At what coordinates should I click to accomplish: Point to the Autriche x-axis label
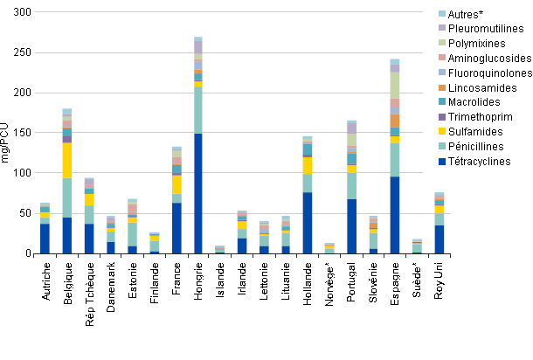[x=45, y=284]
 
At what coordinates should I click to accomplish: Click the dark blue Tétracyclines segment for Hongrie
[x=198, y=193]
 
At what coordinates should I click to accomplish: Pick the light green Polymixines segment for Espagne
[x=395, y=86]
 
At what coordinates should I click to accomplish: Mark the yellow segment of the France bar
[x=177, y=184]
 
